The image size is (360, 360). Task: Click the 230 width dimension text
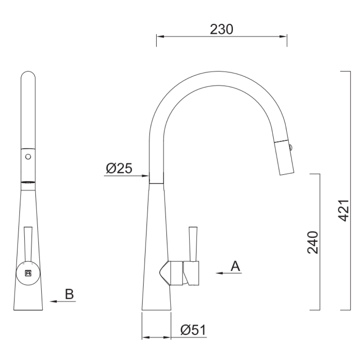pyautogui.click(x=222, y=29)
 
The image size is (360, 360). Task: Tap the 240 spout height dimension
pyautogui.click(x=313, y=242)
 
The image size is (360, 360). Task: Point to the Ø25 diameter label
pyautogui.click(x=119, y=169)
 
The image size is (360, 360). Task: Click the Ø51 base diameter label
pyautogui.click(x=193, y=330)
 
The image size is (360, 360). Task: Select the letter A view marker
pyautogui.click(x=235, y=266)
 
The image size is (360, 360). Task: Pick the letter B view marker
pyautogui.click(x=69, y=294)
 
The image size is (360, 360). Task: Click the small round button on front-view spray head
pyautogui.click(x=28, y=156)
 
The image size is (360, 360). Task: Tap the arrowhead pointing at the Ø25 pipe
pyautogui.click(x=145, y=175)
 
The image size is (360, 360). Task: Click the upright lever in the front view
pyautogui.click(x=28, y=243)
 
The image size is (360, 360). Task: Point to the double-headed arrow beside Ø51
pyautogui.click(x=156, y=337)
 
